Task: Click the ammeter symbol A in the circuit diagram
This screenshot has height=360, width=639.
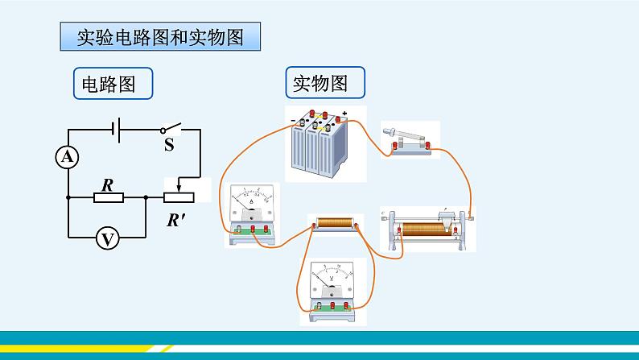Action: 68,158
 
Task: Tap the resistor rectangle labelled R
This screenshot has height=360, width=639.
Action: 106,197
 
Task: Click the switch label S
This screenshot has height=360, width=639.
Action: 169,145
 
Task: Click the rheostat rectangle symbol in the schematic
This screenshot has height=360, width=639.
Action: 179,197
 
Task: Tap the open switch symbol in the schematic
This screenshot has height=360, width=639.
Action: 170,128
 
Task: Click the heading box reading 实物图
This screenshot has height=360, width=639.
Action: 325,83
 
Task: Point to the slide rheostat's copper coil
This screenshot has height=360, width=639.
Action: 427,229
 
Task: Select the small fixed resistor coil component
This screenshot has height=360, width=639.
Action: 335,223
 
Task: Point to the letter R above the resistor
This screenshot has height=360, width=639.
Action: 106,184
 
